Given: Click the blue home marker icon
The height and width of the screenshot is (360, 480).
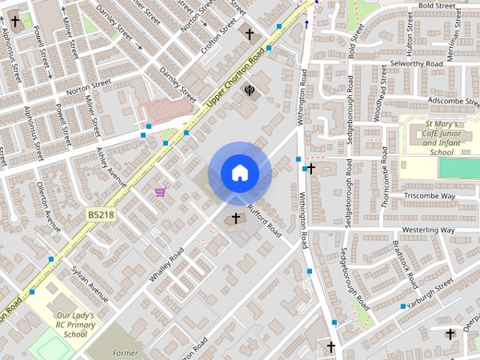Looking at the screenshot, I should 239,173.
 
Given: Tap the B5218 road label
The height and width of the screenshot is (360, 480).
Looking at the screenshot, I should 100,215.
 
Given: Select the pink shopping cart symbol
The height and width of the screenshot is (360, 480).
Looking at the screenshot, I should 160,192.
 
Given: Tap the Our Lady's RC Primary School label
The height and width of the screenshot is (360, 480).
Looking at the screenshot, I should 76,325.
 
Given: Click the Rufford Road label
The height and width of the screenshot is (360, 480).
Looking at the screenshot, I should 263,220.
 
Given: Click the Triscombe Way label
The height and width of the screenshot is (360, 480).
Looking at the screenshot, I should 430,196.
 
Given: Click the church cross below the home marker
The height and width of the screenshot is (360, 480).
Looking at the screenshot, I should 236,219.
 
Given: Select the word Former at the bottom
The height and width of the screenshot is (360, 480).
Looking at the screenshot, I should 124,353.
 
